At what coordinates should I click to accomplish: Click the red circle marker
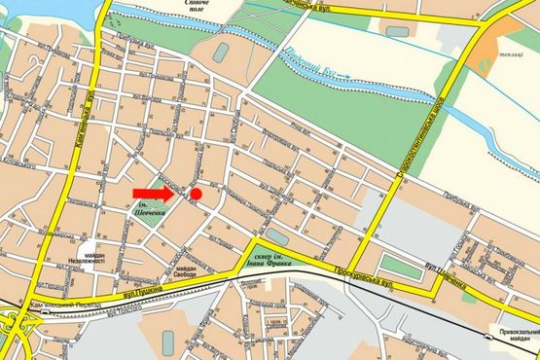196,194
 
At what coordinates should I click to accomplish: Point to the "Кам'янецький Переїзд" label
64,305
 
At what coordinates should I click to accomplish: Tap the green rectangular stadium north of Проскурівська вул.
397,263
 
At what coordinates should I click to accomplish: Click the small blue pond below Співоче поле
221,51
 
